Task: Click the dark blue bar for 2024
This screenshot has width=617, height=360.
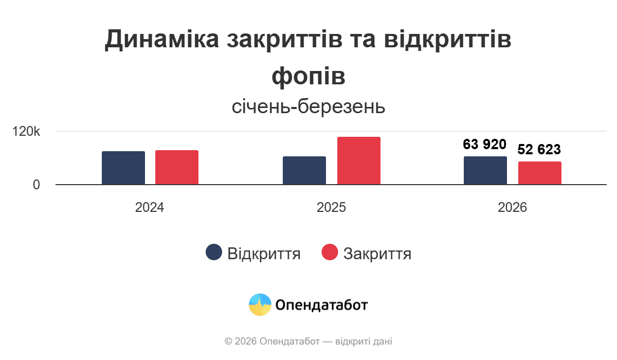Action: coord(123,168)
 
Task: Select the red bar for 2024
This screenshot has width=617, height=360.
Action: coord(177,167)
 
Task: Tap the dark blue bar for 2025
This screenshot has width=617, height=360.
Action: coord(304,170)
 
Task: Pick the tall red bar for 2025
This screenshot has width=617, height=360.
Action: coord(359,160)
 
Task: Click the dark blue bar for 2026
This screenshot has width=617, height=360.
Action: coord(485,170)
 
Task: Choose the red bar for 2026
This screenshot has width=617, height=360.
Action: coord(540,173)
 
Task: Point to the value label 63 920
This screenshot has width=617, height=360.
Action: coord(485,144)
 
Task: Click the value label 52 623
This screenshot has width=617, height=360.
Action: coord(539,150)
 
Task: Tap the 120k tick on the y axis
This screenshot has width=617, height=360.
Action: coord(26,132)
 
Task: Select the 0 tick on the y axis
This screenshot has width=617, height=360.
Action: coord(37,185)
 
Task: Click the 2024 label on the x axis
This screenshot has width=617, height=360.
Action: coord(150,208)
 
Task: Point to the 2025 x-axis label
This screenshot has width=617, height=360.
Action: coord(331,208)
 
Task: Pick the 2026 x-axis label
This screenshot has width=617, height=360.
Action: coord(513,208)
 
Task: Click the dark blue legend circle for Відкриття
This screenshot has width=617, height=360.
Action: coord(214,253)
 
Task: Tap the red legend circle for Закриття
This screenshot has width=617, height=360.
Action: coord(330,253)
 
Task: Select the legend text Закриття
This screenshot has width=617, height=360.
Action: coord(377,254)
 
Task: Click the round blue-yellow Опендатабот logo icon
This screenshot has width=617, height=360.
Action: coord(260,304)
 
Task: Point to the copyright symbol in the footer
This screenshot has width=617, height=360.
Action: coord(228,341)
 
